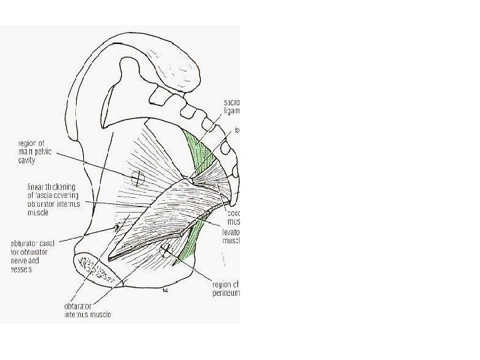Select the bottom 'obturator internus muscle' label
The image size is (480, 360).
(x=87, y=310)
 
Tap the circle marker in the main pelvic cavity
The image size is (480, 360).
(x=137, y=178)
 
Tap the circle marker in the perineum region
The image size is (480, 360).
(x=166, y=251)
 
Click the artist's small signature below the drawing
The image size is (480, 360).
(x=164, y=291)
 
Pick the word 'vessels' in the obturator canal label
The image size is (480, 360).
(x=21, y=269)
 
